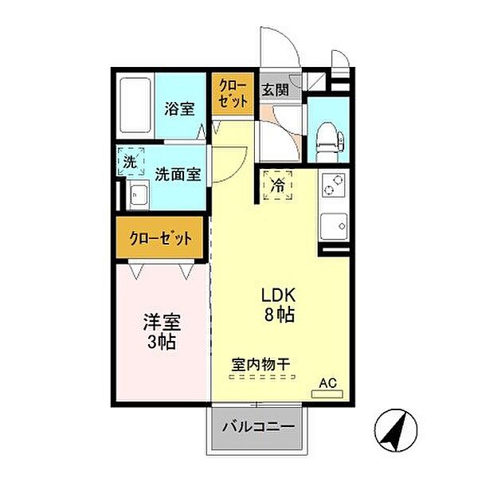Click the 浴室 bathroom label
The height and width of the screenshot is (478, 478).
click(x=179, y=109)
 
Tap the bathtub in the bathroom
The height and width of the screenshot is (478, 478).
click(x=135, y=105)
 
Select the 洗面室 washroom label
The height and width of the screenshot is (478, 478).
click(x=178, y=174)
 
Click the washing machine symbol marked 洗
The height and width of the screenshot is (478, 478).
click(x=131, y=162)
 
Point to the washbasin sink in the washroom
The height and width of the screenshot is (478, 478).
click(x=138, y=194)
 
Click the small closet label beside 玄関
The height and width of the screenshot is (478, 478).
click(x=233, y=93)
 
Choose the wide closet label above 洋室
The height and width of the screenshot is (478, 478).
click(x=161, y=238)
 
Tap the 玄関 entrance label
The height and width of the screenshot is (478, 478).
click(x=276, y=89)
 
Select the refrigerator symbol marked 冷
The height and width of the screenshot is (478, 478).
click(x=278, y=185)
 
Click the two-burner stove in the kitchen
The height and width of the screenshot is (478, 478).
click(x=334, y=185)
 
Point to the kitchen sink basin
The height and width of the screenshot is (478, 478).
click(x=334, y=226)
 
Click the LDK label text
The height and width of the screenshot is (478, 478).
click(x=278, y=296)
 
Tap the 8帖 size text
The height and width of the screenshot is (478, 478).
click(x=280, y=315)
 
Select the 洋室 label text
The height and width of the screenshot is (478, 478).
click(x=162, y=323)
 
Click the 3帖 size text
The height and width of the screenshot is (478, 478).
click(x=162, y=342)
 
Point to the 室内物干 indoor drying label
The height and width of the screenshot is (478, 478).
click(x=261, y=364)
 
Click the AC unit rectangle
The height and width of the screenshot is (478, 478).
click(x=327, y=394)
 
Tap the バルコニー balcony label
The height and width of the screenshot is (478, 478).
click(x=258, y=427)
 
